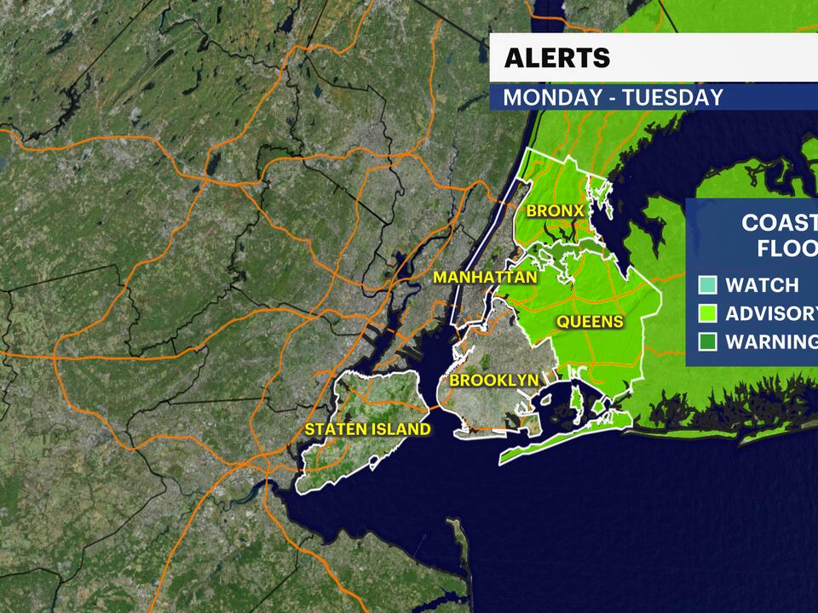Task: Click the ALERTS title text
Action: click(557, 57)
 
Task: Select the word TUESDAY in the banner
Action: click(672, 97)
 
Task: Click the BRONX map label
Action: click(555, 210)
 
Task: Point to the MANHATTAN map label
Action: click(485, 278)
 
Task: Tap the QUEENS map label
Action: click(590, 322)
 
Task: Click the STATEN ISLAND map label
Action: click(368, 429)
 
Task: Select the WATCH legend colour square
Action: click(708, 285)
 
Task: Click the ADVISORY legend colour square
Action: click(708, 313)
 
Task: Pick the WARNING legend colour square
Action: click(708, 342)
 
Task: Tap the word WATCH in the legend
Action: click(762, 285)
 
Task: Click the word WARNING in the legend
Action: click(771, 342)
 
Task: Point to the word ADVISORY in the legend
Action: click(771, 313)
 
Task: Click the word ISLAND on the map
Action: click(400, 429)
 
